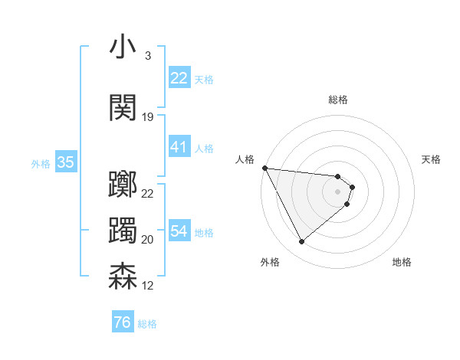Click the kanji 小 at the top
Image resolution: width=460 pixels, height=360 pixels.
tap(123, 47)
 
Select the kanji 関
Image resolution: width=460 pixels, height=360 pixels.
tap(123, 109)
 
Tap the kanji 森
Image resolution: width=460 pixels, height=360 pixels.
tap(123, 277)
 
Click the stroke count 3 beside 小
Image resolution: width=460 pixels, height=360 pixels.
tap(147, 56)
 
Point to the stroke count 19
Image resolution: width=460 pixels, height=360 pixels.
tap(148, 117)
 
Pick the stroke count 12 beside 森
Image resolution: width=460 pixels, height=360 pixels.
tap(148, 286)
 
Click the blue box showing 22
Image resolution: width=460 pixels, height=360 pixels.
tap(179, 78)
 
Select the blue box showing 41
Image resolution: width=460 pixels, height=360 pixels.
tap(179, 147)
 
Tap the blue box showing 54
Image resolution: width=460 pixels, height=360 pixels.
tap(179, 231)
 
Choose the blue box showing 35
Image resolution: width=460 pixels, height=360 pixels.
tap(65, 162)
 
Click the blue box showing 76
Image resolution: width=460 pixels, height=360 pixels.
tap(122, 322)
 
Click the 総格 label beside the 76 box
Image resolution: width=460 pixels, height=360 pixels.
tap(147, 324)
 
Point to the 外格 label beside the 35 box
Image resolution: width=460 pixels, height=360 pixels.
tap(41, 163)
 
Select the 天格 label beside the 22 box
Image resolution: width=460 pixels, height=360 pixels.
tap(204, 79)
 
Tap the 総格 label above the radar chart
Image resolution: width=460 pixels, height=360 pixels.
tap(337, 100)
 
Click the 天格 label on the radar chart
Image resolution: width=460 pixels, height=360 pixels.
tap(432, 159)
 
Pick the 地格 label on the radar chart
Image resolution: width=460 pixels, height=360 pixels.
tap(402, 262)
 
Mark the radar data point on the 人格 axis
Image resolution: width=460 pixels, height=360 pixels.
tap(264, 168)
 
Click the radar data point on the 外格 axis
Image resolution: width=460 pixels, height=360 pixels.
tap(301, 242)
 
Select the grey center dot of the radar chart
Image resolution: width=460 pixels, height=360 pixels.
tap(337, 191)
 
